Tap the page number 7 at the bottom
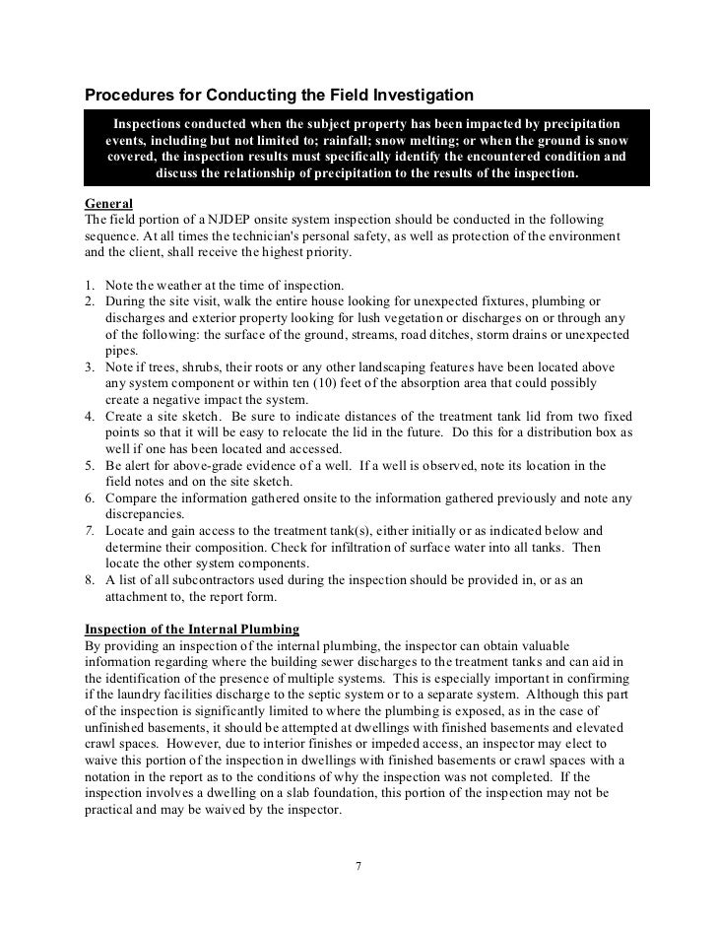coord(358,867)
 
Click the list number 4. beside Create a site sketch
coord(91,417)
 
